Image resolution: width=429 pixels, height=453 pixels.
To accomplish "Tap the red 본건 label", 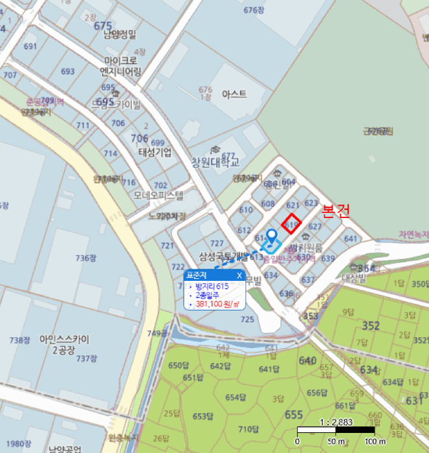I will (336, 211).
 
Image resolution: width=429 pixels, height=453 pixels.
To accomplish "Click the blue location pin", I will (272, 237).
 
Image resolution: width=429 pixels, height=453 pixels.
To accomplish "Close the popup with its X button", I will (239, 275).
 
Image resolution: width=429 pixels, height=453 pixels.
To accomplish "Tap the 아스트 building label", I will (234, 94).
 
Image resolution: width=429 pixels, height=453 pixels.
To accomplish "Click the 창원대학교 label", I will (215, 162).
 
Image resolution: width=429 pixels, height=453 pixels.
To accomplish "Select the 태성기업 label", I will (155, 153).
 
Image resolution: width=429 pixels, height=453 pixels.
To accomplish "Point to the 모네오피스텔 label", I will (159, 194).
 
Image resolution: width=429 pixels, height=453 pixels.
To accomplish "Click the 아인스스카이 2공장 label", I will (64, 344).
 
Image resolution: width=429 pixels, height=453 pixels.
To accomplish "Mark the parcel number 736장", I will (85, 258).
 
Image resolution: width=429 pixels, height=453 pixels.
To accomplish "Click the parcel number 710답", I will (248, 429).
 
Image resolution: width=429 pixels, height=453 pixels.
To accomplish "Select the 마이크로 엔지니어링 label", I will (120, 67).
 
